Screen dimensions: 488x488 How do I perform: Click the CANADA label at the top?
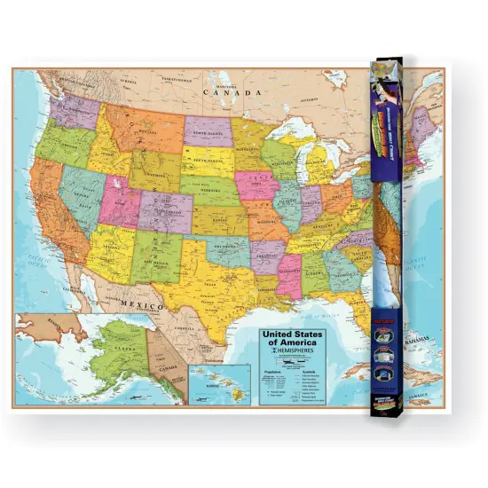[x=232, y=91]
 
